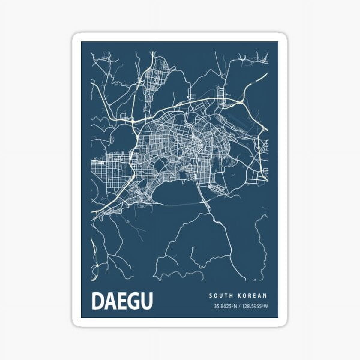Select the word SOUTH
221,295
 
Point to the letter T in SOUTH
227,295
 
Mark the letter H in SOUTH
232,295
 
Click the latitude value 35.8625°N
225,306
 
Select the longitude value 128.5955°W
253,306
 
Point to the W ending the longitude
266,306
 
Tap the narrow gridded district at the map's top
156,75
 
